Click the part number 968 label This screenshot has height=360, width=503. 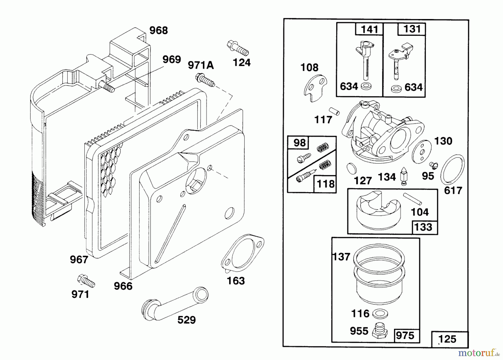(x=158, y=30)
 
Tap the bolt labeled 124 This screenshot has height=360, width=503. (x=238, y=48)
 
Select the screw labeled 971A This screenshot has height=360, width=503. (x=205, y=79)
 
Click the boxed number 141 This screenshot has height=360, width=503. (x=369, y=29)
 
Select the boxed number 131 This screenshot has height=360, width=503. (x=412, y=29)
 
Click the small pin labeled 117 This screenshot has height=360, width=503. (x=334, y=111)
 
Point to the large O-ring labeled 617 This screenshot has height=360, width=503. (x=452, y=169)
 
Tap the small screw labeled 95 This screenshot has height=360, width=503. (x=433, y=165)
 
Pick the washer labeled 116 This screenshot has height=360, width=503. (x=380, y=313)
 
